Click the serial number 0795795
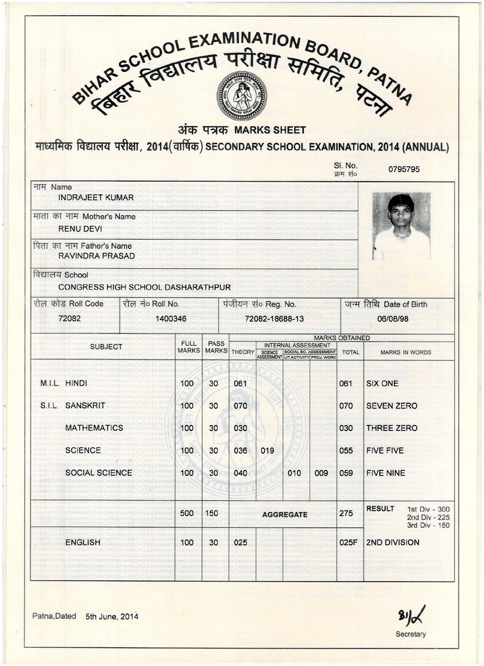coord(404,170)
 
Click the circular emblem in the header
coord(241,96)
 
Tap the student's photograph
coord(401,226)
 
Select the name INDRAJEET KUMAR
coord(96,197)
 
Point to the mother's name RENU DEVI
coord(80,229)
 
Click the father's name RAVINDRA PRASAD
coord(96,256)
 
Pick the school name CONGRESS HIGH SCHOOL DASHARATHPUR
coord(144,287)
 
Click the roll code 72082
coord(69,318)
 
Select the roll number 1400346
coord(171,318)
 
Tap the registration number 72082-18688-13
coord(274,318)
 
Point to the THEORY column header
coord(243,352)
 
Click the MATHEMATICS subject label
coord(94,428)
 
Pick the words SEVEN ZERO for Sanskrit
coord(391,406)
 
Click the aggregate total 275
coord(346,513)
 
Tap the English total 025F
coord(348,542)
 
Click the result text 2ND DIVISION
coord(392,542)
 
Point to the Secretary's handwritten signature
coord(411,616)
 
